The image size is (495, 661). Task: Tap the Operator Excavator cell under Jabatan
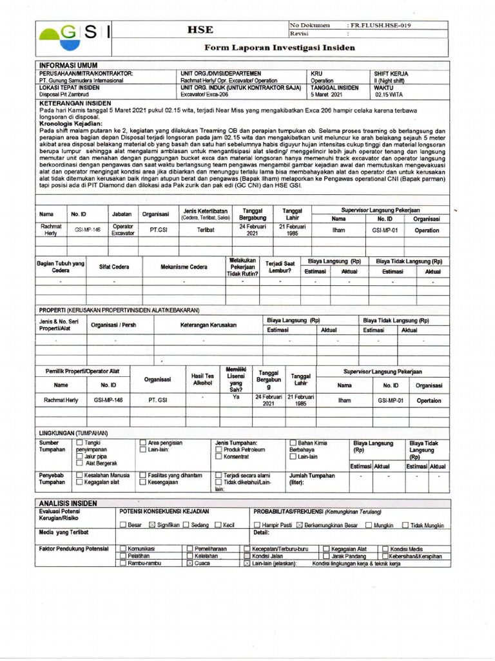click(123, 230)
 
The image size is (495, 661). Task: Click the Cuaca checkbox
click(189, 563)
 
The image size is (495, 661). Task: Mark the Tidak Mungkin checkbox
click(405, 525)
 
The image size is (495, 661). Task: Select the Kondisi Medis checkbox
click(385, 548)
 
